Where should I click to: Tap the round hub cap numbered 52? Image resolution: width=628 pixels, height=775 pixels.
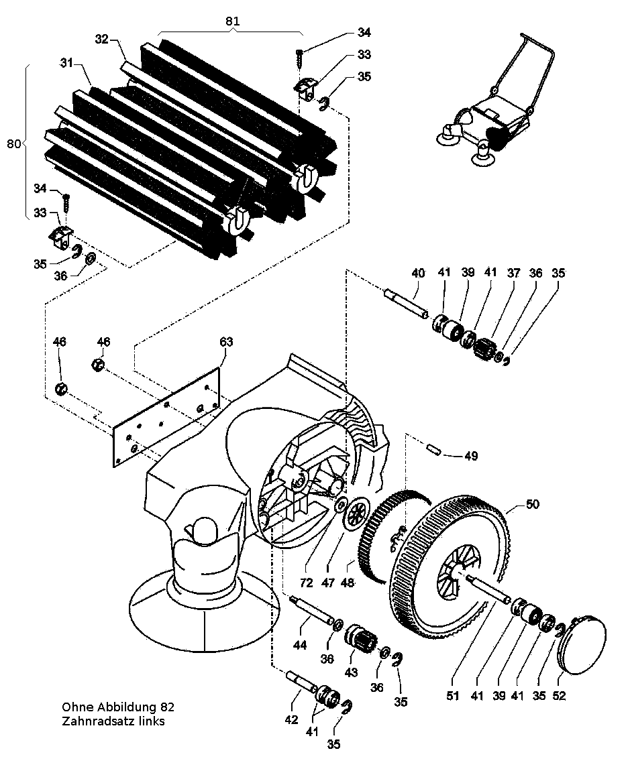[x=582, y=643]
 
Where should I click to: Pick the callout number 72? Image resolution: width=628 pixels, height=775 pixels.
[x=307, y=583]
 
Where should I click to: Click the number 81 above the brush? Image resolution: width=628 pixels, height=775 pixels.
[x=232, y=21]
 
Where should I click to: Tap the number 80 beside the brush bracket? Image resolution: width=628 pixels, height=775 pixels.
[x=13, y=143]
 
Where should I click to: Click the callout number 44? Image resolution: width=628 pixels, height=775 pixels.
[x=299, y=645]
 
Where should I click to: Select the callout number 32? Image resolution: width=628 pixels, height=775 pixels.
[x=102, y=39]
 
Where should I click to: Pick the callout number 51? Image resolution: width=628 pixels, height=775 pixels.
[x=453, y=696]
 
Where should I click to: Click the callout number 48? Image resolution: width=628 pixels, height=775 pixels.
[x=348, y=583]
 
